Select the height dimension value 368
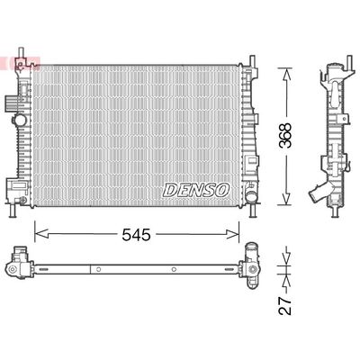point(286,134)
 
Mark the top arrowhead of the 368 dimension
point(286,71)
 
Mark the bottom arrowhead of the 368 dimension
point(286,203)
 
